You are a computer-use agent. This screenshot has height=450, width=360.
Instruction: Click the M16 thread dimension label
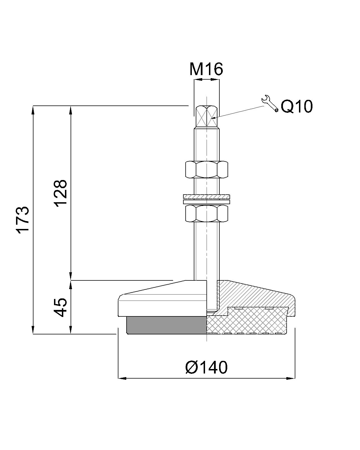click(x=206, y=69)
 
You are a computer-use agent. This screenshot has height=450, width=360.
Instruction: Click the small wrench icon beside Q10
click(x=270, y=103)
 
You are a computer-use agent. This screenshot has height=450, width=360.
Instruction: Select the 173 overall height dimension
click(x=22, y=219)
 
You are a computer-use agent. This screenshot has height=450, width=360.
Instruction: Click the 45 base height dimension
click(x=60, y=307)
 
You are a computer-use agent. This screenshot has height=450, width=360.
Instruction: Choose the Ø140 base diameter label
click(x=206, y=367)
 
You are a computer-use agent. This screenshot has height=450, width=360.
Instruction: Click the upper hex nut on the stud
click(x=206, y=169)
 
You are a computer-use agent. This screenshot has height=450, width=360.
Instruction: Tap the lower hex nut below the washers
click(x=206, y=213)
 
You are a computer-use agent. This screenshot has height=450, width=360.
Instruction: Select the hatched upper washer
click(x=206, y=196)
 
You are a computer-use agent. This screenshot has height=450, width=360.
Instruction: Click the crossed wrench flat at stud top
click(x=206, y=116)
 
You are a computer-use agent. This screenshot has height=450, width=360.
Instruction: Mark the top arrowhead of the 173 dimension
click(x=33, y=109)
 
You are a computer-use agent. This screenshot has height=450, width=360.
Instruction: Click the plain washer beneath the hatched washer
click(x=206, y=202)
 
